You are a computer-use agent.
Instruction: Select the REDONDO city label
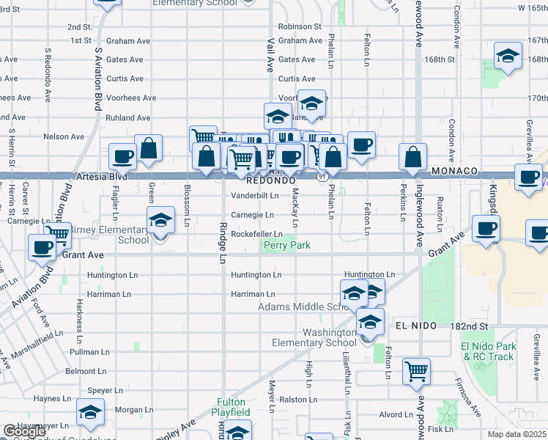pos(270,180)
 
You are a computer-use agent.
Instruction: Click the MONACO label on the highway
pos(454,171)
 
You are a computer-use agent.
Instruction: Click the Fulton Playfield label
pos(233,407)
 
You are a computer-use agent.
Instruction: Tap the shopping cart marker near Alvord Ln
pos(416,371)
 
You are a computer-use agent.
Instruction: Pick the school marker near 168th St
pos(507,56)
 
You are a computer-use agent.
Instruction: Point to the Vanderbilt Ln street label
pos(254,196)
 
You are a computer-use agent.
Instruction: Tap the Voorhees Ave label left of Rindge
pos(131,98)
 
